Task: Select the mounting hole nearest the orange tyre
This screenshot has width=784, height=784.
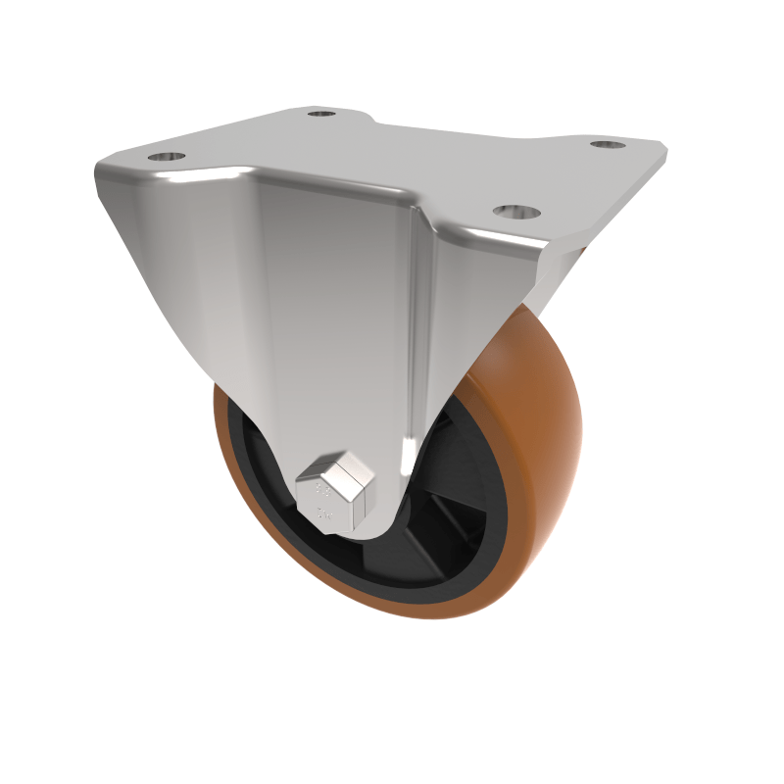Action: (x=517, y=212)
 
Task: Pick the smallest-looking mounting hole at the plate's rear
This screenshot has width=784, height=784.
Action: (x=321, y=114)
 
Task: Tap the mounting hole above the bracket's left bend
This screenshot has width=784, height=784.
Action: (x=168, y=157)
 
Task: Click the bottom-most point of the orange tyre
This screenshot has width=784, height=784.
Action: (x=431, y=615)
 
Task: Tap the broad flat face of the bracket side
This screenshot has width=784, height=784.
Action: (x=323, y=314)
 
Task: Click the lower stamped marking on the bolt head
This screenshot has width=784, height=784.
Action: (x=323, y=512)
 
